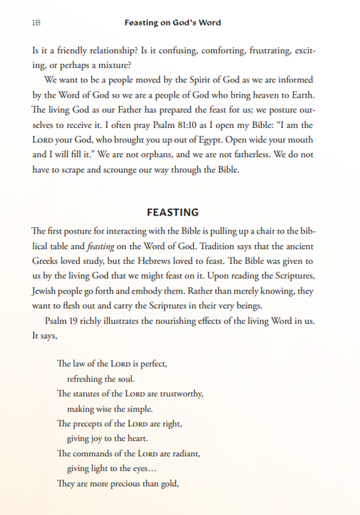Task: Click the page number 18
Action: pyautogui.click(x=35, y=23)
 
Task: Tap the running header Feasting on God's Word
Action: pyautogui.click(x=173, y=23)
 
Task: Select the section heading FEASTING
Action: pyautogui.click(x=173, y=213)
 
